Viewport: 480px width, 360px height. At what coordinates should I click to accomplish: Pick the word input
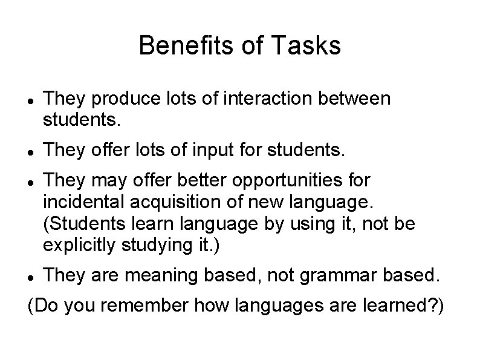216,148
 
